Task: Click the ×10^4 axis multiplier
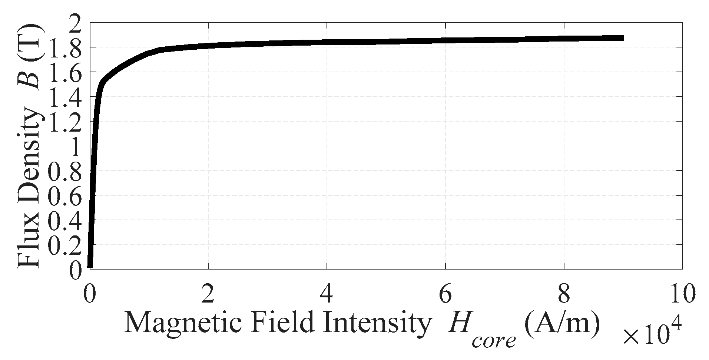[x=652, y=333]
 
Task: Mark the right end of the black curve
[x=623, y=38]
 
